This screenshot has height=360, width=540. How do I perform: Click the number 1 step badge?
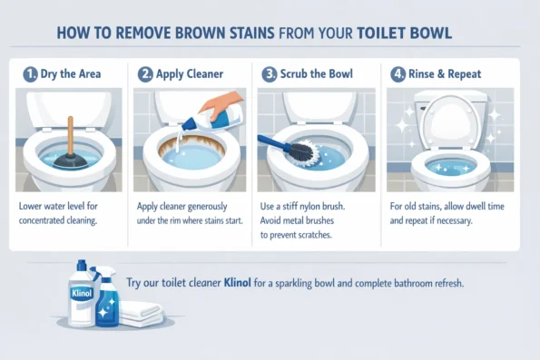click(x=30, y=75)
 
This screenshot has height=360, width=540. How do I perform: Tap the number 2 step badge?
click(x=145, y=75)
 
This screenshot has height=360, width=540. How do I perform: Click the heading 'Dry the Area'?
click(x=70, y=75)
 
